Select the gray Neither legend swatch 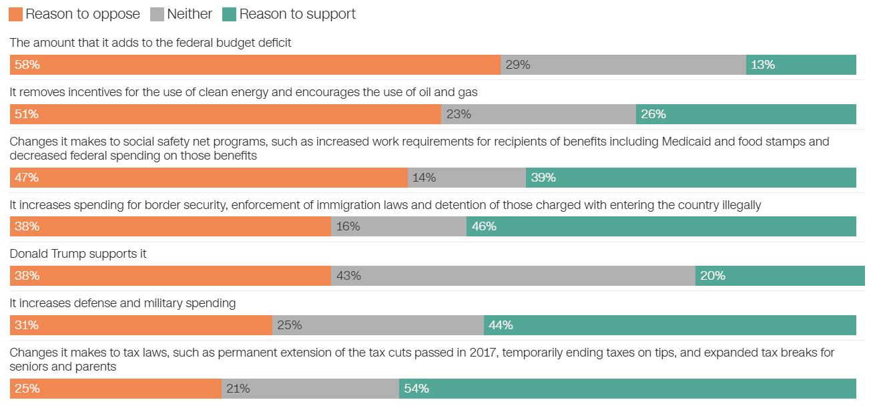click(157, 14)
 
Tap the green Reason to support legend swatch click(229, 14)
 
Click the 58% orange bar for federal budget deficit click(255, 65)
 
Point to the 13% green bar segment click(801, 65)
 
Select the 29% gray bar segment click(623, 65)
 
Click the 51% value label click(27, 114)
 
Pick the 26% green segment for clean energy click(746, 114)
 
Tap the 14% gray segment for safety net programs click(467, 178)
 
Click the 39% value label click(543, 178)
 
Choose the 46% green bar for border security click(661, 226)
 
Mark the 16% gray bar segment click(398, 226)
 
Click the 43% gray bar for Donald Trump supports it click(513, 276)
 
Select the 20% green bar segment click(780, 276)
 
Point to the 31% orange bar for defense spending click(141, 325)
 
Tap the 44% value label click(501, 325)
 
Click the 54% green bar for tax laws click(627, 389)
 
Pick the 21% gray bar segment click(310, 389)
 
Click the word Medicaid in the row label click(685, 142)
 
